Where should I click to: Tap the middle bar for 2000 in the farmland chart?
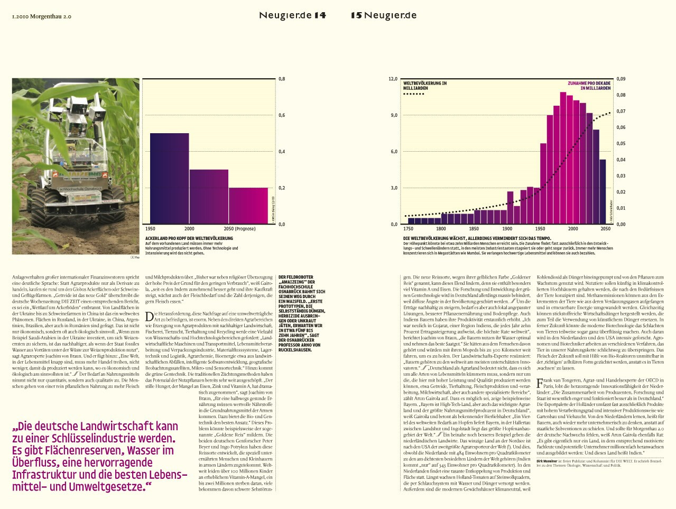coord(209,196)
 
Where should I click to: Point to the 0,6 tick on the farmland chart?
coord(282,115)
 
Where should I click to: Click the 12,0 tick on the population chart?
coord(393,79)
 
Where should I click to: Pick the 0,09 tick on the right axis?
coord(621,79)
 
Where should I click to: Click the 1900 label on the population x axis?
coord(507,229)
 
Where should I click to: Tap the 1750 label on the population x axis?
coord(408,229)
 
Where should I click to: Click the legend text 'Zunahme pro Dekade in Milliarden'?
coord(589,86)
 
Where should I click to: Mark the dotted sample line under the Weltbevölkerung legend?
coord(414,95)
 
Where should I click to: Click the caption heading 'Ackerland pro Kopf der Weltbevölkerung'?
coord(189,239)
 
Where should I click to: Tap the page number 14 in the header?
coord(320,15)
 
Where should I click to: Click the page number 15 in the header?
coord(356,15)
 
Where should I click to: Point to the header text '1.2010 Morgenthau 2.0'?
coord(41,16)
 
